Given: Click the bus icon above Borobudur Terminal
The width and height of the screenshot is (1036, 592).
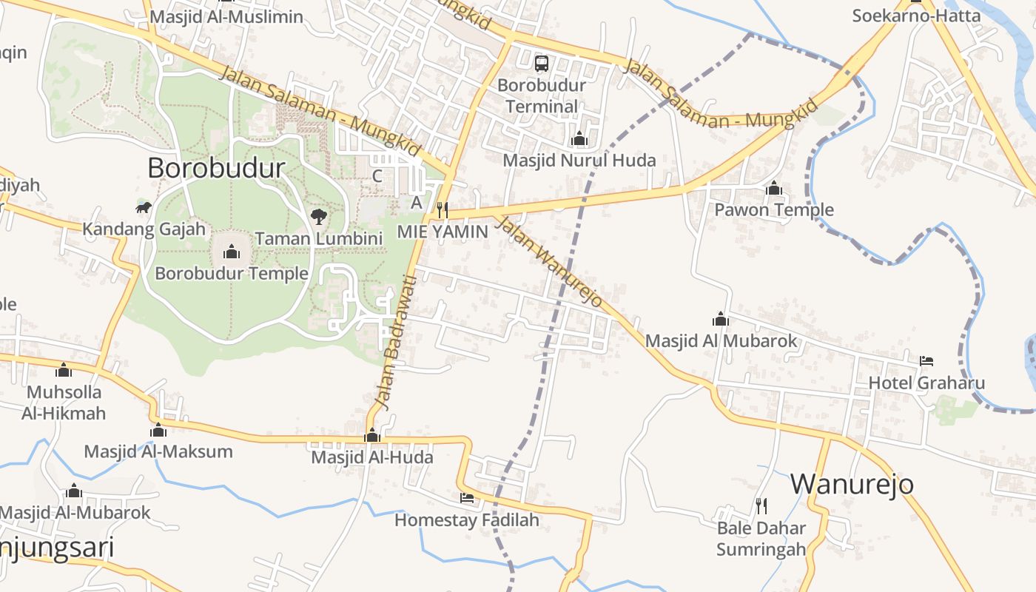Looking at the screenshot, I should click(542, 64).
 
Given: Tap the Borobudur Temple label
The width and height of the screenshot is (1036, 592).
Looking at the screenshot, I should click(232, 273).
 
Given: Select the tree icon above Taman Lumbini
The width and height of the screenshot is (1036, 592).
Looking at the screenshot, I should click(319, 217).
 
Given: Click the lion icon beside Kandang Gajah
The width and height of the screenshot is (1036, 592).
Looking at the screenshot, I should click(144, 207).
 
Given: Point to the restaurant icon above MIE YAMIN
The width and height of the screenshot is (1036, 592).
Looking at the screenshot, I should click(443, 210).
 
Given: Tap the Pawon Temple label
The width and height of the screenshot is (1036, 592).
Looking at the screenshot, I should click(773, 210).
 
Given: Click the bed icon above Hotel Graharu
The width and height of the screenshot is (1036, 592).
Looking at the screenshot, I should click(926, 361).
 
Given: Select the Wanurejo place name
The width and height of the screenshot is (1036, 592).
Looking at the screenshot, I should click(852, 484).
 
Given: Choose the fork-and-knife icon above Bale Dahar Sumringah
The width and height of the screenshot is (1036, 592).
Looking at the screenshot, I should click(761, 506).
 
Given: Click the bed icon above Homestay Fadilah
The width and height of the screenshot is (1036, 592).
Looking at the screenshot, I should click(467, 498).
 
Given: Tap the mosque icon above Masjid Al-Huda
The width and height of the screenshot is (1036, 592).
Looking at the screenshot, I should click(372, 435).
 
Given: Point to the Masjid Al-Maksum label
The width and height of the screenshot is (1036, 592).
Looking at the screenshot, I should click(158, 451).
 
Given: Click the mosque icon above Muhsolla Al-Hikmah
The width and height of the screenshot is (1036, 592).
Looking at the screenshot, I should click(64, 369).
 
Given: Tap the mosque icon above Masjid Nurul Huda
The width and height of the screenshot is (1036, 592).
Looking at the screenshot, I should click(579, 138).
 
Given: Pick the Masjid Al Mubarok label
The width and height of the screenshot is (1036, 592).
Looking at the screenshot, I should click(721, 341).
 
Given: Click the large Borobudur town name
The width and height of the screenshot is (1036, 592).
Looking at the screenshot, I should click(216, 168).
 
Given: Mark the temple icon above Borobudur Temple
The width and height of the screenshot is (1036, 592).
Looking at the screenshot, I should click(232, 252).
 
